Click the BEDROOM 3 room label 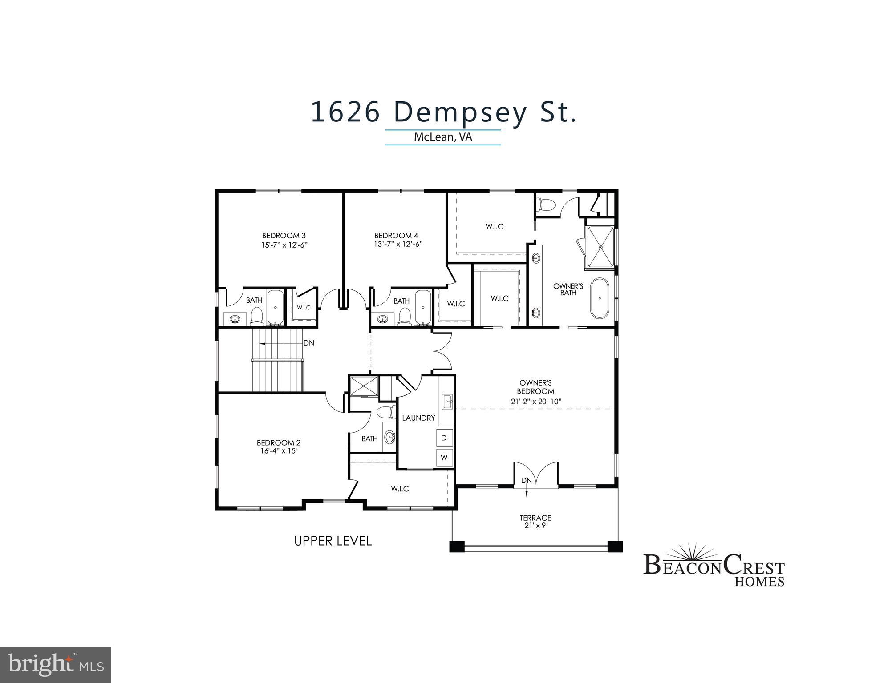pyautogui.click(x=284, y=236)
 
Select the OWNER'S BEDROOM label pyautogui.click(x=535, y=387)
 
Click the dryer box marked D pyautogui.click(x=444, y=438)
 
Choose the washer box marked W pyautogui.click(x=444, y=457)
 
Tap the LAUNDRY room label pyautogui.click(x=418, y=418)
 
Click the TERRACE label pyautogui.click(x=535, y=518)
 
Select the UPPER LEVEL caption pyautogui.click(x=333, y=541)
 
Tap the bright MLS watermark pyautogui.click(x=56, y=665)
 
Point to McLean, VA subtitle pyautogui.click(x=442, y=137)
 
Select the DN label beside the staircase pyautogui.click(x=308, y=343)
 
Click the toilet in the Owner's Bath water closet pyautogui.click(x=547, y=205)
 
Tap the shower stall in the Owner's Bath pyautogui.click(x=601, y=247)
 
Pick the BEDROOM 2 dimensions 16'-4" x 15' pyautogui.click(x=279, y=451)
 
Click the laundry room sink pyautogui.click(x=447, y=402)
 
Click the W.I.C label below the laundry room pyautogui.click(x=400, y=489)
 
